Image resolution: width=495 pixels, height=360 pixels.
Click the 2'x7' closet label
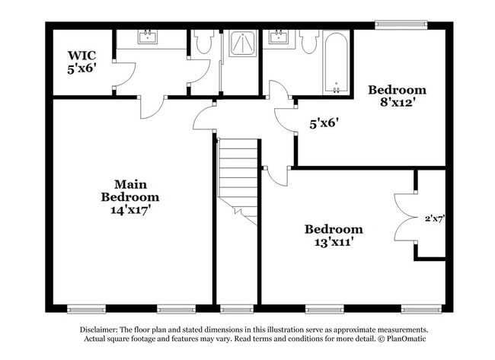pyautogui.click(x=434, y=218)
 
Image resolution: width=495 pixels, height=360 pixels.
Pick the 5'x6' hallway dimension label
pyautogui.click(x=324, y=121)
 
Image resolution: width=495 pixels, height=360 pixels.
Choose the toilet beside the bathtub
pyautogui.click(x=308, y=43)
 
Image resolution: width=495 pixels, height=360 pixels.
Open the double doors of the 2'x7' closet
pyautogui.click(x=404, y=216)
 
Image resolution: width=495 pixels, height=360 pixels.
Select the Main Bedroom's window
pyautogui.click(x=86, y=308)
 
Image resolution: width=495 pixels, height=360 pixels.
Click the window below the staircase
pyautogui.click(x=237, y=308)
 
